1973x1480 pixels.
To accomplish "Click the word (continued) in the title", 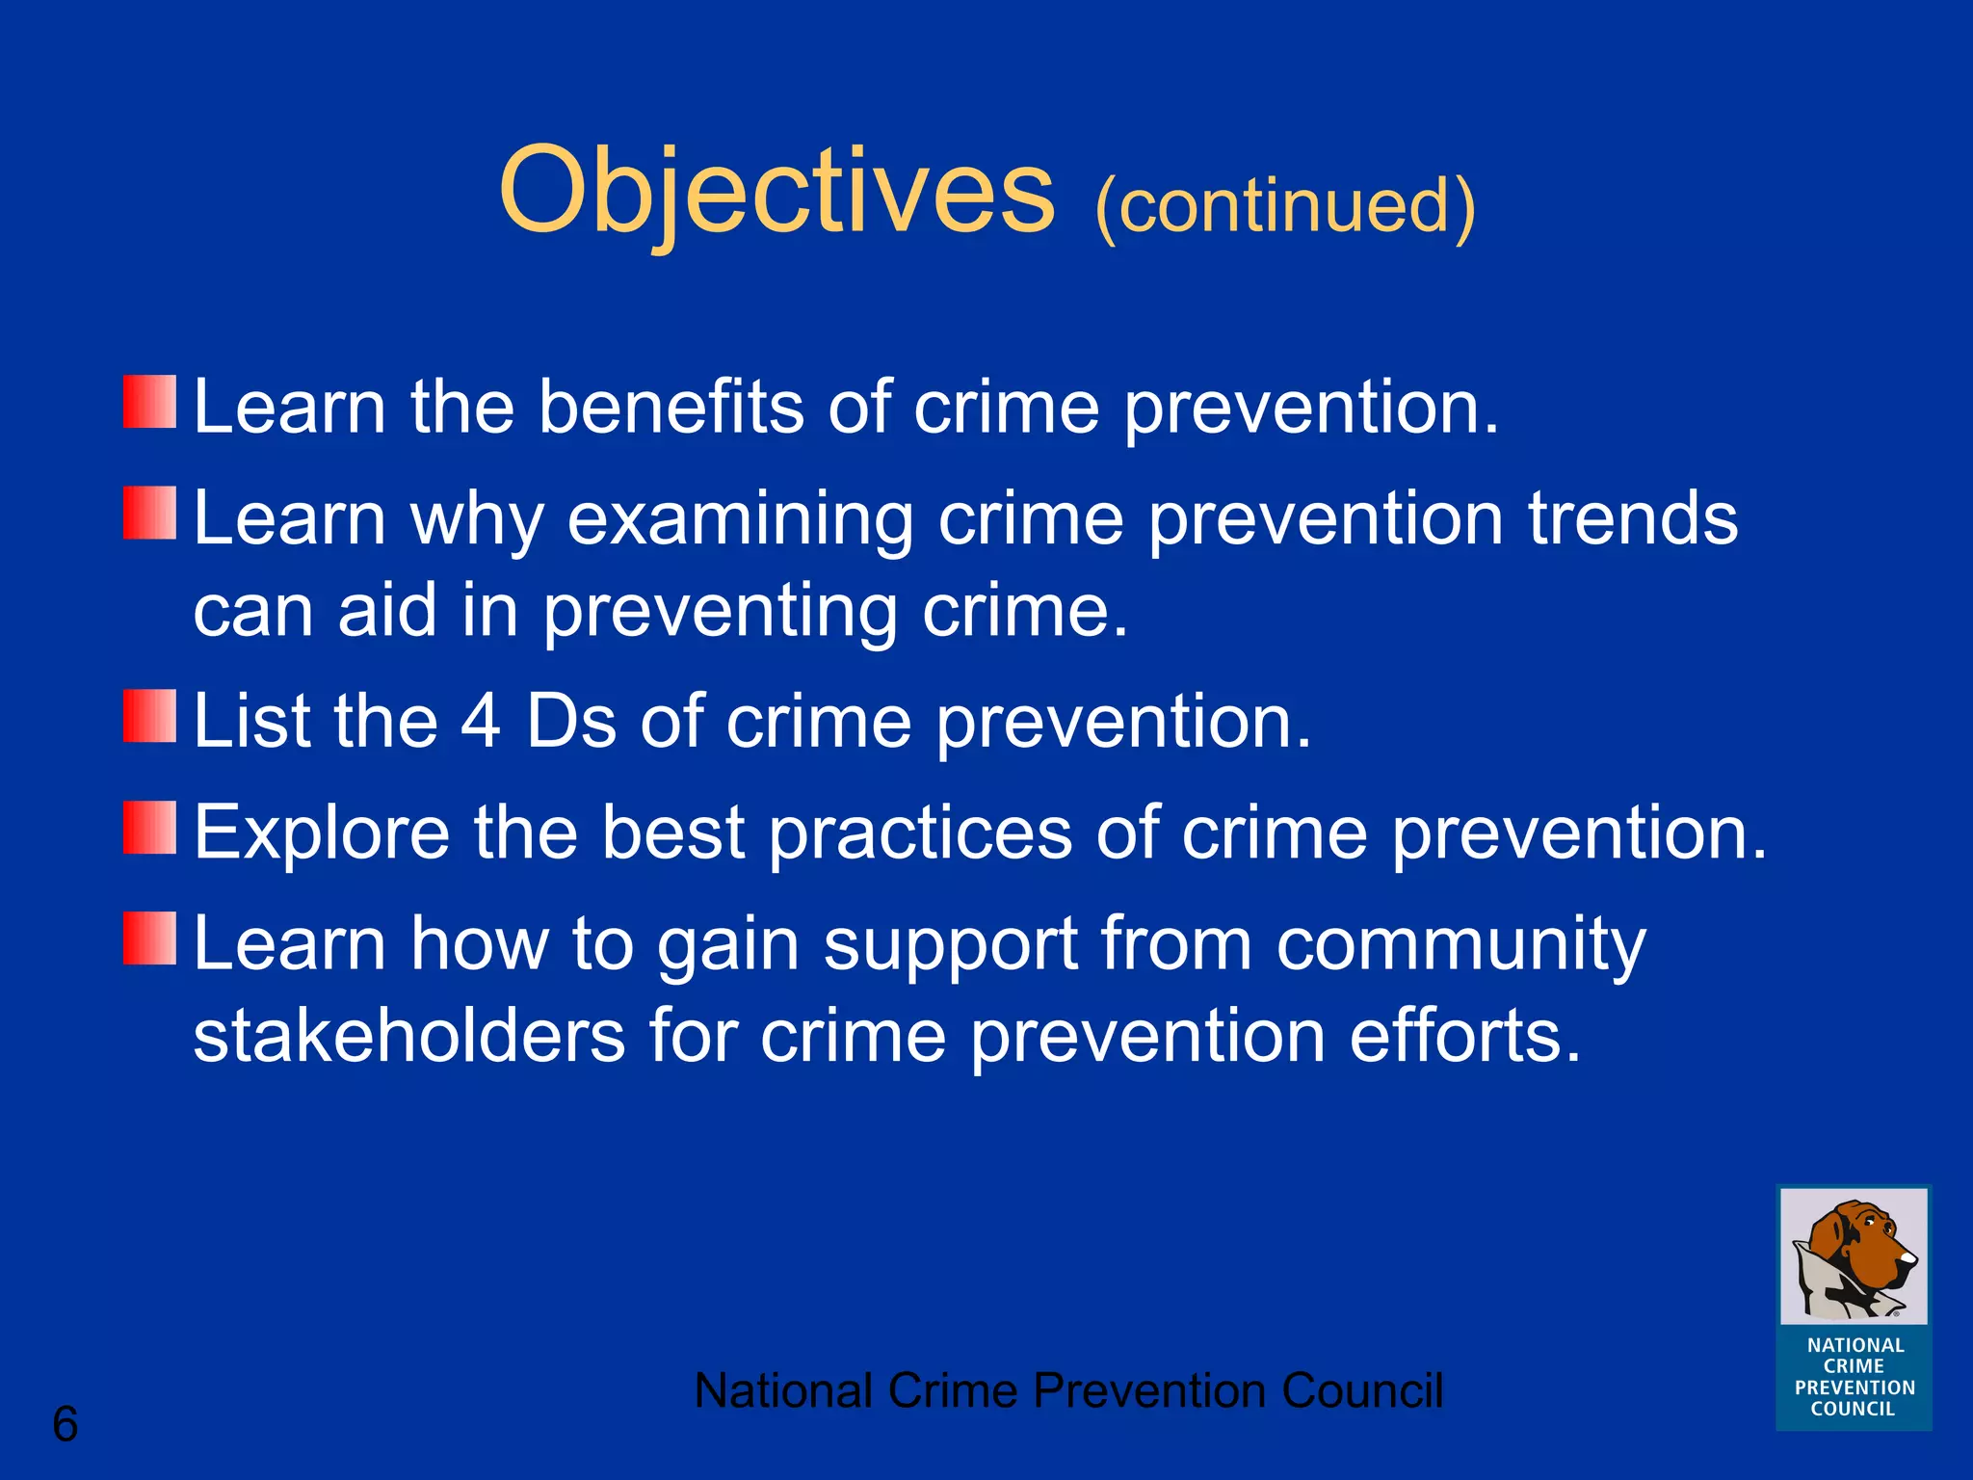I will coord(1284,205).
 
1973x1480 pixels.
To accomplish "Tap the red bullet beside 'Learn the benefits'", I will coord(150,402).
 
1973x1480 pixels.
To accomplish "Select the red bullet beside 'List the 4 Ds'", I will coord(150,716).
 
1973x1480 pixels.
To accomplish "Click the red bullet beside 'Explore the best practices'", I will coord(150,828).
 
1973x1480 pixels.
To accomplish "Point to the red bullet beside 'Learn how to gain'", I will coord(150,938).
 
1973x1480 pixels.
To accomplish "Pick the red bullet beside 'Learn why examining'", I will coord(150,513).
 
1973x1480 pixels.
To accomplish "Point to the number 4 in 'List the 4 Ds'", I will coord(480,721).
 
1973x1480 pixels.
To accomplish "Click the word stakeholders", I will coord(409,1037).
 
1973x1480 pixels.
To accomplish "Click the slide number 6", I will coord(65,1424).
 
